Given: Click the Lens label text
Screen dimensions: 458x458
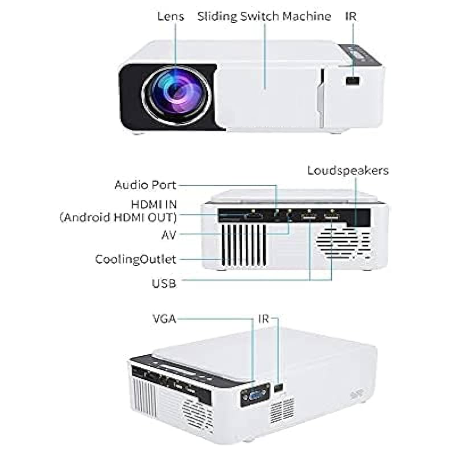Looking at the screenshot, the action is (x=171, y=16).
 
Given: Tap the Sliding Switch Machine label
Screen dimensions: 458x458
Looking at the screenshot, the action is (x=264, y=17).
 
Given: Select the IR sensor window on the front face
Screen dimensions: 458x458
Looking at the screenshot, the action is (x=352, y=81).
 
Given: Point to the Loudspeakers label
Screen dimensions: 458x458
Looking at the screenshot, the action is (x=348, y=170).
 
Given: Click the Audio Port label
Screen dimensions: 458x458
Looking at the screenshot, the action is (x=146, y=185).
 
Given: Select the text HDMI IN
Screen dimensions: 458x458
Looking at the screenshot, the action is (x=154, y=204).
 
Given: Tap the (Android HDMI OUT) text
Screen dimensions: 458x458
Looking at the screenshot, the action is (x=118, y=217).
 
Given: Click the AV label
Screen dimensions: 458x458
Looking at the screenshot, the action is (x=169, y=235).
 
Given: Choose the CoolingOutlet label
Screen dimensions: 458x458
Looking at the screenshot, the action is (x=135, y=259).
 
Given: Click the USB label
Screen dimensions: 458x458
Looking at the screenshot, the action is (x=164, y=283).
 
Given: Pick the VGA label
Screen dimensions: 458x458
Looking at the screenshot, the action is (x=164, y=319).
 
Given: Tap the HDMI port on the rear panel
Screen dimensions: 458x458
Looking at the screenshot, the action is (x=253, y=217).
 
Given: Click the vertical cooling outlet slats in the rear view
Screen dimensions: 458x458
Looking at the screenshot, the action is (x=244, y=245).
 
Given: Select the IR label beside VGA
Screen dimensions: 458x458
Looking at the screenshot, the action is (x=263, y=319).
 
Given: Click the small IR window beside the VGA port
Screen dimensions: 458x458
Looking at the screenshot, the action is (x=279, y=388).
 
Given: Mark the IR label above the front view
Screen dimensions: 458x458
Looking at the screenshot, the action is (x=351, y=16).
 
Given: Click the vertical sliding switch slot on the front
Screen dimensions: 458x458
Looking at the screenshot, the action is (x=322, y=98).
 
